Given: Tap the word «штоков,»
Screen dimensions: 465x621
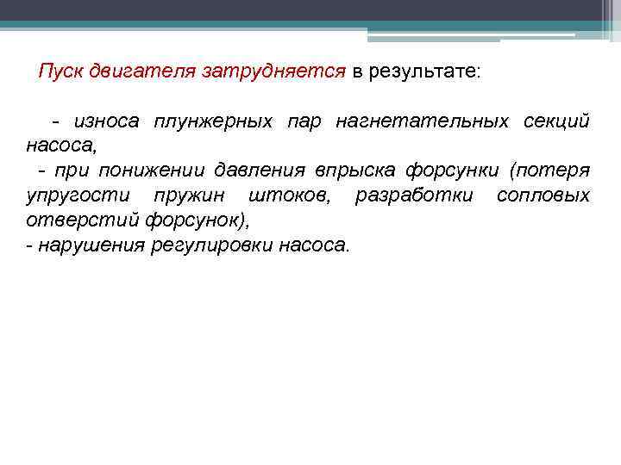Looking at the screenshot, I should click(x=292, y=195).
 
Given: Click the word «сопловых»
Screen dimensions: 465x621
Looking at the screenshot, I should click(x=543, y=195).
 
